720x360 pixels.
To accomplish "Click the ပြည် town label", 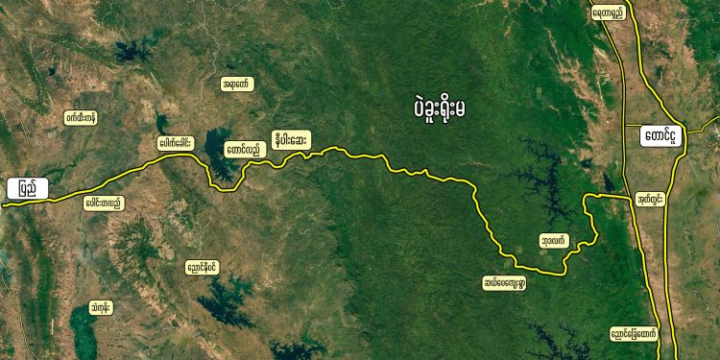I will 26,190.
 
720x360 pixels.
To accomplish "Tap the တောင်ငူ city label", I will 663,136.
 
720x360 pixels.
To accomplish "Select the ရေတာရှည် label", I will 609,13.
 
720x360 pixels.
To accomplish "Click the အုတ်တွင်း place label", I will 653,200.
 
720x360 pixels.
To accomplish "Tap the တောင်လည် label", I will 242,151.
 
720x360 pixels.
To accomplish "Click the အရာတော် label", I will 236,84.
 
